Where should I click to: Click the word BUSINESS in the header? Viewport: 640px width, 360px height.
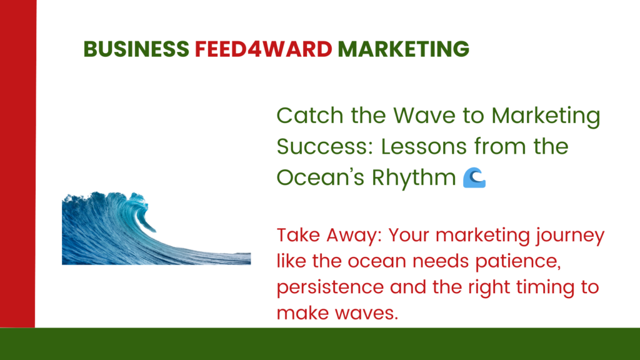point(136,49)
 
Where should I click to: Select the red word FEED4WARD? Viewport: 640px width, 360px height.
point(264,49)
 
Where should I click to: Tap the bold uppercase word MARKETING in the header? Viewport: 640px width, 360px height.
point(403,49)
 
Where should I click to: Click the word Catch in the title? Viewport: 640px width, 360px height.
point(310,115)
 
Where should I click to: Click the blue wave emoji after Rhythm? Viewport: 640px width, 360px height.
point(474,178)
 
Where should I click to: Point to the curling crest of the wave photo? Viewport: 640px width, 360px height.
point(138,207)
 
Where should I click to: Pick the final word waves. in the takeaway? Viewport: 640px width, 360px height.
point(366,314)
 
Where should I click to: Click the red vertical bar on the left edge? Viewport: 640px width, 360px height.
point(18,163)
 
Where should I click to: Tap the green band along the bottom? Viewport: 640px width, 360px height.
point(320,344)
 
